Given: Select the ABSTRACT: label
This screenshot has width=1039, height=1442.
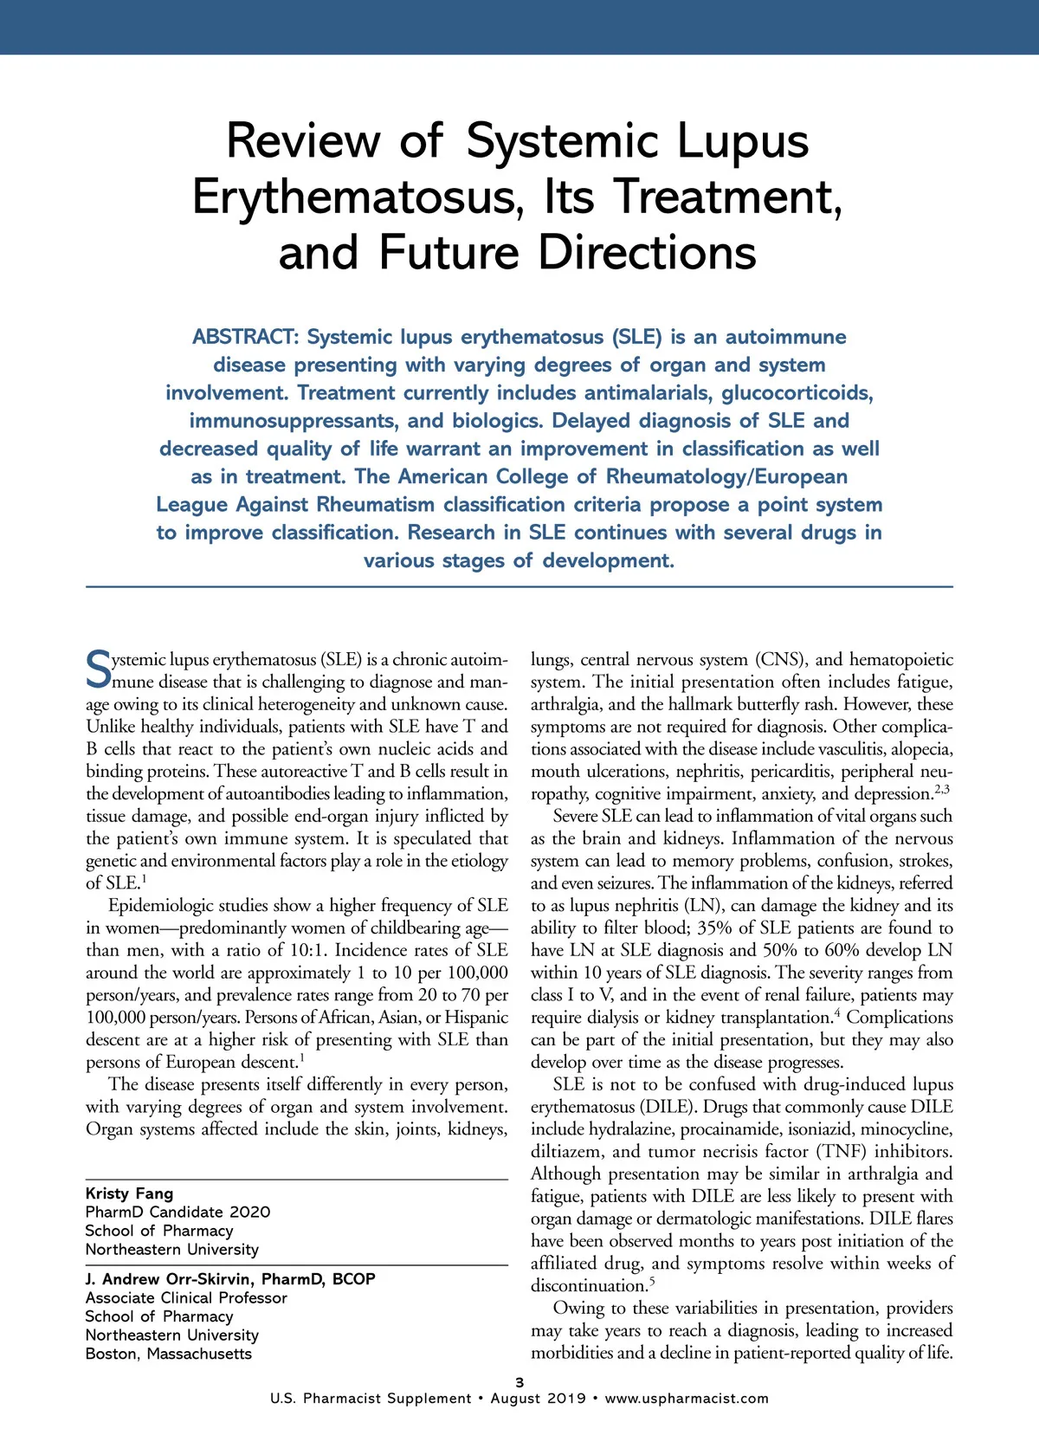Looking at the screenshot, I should pos(245,337).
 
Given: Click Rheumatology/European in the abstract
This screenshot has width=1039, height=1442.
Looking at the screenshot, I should pos(726,477).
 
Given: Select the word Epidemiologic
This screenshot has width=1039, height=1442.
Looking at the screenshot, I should pos(165,905).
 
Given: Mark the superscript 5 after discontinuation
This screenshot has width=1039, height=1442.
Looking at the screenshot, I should pos(652,1281).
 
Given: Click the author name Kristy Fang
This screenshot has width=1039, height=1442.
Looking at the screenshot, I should pos(129,1193).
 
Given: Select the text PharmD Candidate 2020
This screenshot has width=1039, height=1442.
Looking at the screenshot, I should pos(177,1212).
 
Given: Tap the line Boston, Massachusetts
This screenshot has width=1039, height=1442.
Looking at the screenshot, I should pos(169,1354).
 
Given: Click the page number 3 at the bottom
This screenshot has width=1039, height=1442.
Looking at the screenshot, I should pos(519,1382).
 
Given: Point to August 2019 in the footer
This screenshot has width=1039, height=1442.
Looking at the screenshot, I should pos(539,1399).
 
